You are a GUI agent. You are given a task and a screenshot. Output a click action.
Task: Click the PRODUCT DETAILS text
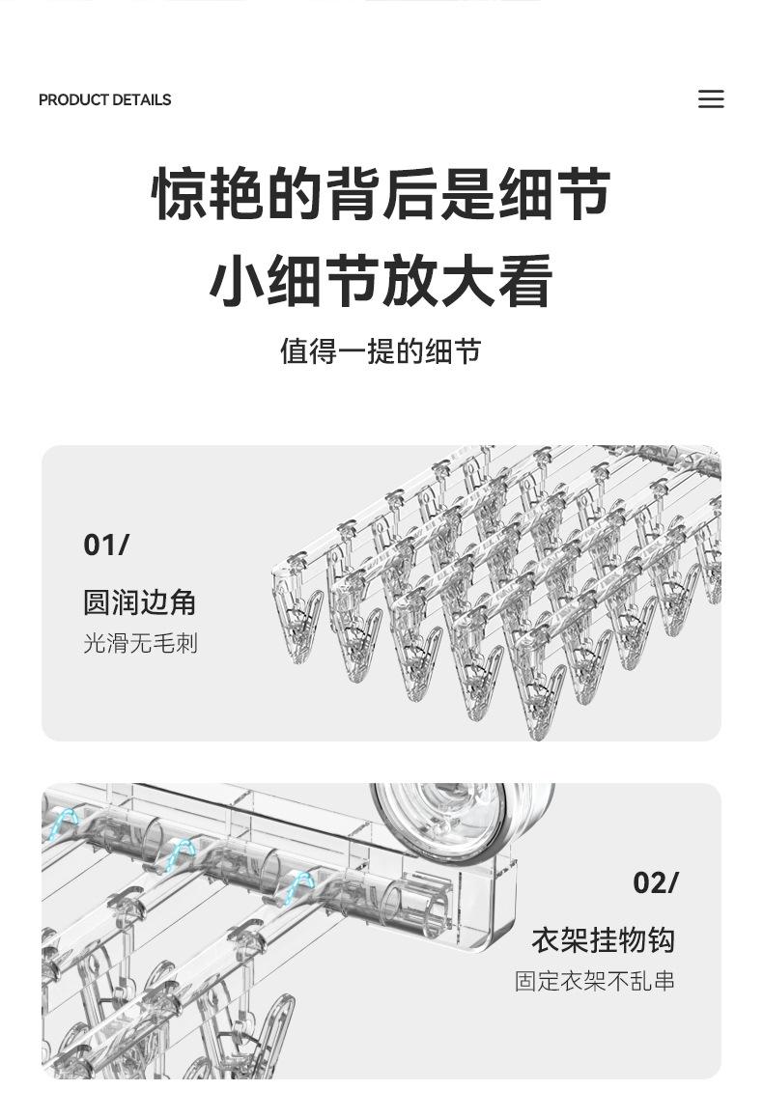pos(104,100)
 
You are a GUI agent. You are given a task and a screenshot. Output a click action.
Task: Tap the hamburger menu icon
pos(711,99)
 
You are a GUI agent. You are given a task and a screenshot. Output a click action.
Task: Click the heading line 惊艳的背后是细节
pos(381,194)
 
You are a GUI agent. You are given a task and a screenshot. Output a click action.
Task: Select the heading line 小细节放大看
pos(381,281)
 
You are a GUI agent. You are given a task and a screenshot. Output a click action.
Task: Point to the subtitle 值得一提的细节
pos(381,351)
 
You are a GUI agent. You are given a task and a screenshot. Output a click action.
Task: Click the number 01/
pos(106,545)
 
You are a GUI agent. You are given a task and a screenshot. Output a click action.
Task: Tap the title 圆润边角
pos(140,602)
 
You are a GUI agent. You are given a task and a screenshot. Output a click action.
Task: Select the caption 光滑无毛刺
pos(140,643)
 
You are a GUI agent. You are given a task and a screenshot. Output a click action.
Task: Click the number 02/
pos(656,883)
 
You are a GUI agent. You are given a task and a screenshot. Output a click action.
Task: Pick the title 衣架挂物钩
pos(604,940)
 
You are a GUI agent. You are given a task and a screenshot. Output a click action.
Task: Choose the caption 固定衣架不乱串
pos(595,982)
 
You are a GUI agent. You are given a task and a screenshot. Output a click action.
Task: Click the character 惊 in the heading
pos(181,194)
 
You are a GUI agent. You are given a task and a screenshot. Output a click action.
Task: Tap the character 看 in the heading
pos(526,281)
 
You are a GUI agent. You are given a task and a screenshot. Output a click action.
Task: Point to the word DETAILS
pos(141,100)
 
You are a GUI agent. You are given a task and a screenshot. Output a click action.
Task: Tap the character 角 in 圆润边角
pos(184,602)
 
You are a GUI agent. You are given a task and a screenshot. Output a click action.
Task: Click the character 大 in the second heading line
pos(468,281)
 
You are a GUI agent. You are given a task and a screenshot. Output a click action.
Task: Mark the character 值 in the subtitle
pos(294,351)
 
